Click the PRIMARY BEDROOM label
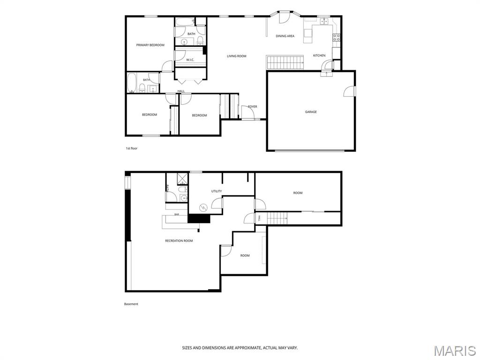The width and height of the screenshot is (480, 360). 150,45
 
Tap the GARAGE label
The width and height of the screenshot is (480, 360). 311,112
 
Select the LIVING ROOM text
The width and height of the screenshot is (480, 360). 237,56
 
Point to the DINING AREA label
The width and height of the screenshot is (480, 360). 285,36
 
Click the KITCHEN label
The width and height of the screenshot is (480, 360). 319,55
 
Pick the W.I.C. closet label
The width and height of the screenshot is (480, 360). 190,60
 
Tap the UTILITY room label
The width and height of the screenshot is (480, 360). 217,191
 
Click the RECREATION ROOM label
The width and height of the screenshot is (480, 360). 179,241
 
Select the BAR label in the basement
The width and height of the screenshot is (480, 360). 177,214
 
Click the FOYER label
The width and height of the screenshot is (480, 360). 253,106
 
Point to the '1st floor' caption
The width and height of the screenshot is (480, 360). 132,149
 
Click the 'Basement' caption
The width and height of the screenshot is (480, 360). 131,304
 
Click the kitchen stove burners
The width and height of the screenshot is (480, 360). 337,37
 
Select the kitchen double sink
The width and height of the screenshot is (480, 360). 324,21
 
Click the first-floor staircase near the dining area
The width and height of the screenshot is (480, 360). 285,62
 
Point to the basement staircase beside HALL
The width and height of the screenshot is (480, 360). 277,218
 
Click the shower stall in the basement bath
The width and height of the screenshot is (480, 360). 182,179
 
